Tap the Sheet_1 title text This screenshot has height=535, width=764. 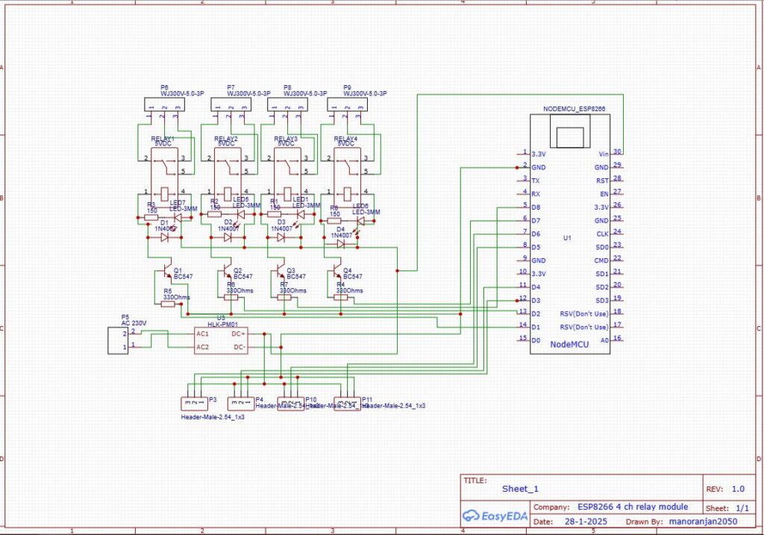[520, 489]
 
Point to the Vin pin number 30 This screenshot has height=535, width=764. [618, 151]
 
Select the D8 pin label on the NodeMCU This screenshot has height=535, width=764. [536, 207]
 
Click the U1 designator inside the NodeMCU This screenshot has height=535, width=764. [567, 238]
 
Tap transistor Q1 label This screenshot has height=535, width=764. [178, 270]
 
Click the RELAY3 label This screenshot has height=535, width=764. [286, 139]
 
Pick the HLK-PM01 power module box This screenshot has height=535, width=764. [221, 340]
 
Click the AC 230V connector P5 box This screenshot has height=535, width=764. [119, 340]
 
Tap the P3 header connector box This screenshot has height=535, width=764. [193, 403]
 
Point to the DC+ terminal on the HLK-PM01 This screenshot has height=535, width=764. [239, 334]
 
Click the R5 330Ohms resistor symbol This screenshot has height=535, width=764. [168, 304]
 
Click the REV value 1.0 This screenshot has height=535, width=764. [737, 489]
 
